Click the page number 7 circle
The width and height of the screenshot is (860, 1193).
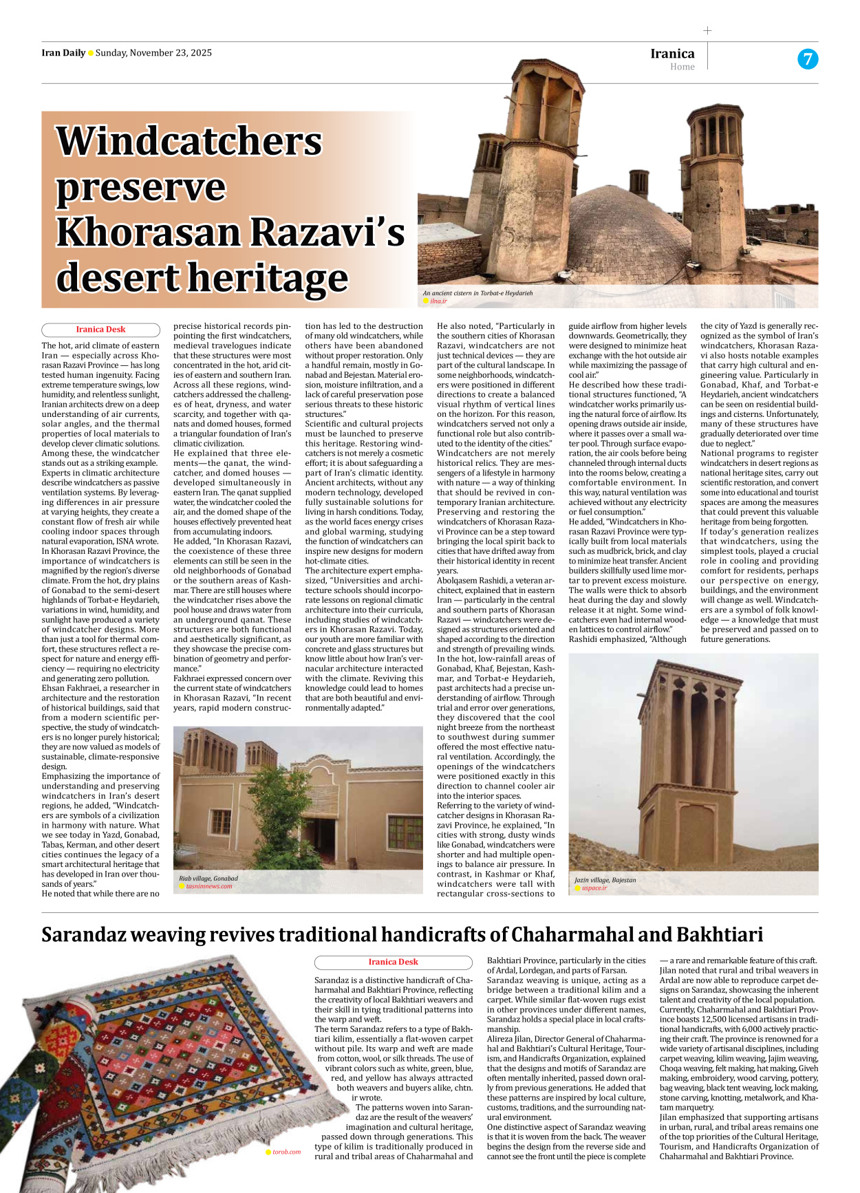808,59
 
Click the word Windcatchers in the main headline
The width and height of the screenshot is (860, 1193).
189,141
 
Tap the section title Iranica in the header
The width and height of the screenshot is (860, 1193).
672,54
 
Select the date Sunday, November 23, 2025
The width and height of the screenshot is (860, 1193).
153,53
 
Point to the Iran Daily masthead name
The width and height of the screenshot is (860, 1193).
63,53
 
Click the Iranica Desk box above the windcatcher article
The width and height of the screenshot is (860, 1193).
100,330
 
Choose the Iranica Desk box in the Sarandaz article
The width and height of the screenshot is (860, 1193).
393,962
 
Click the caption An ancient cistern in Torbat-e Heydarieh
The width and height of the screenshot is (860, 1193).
477,293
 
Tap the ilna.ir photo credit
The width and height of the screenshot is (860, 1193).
438,301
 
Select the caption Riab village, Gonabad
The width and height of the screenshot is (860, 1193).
208,879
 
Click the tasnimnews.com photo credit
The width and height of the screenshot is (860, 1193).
209,886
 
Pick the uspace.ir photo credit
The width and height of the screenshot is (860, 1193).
594,888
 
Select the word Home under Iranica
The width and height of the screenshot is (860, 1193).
682,67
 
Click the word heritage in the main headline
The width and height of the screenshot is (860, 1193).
268,278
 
